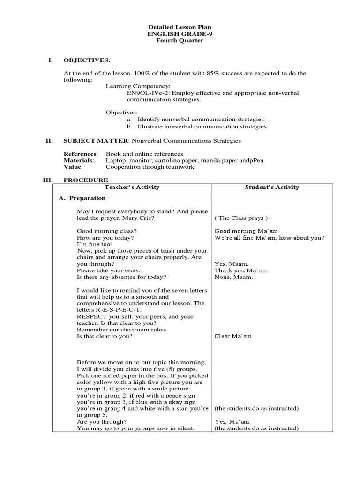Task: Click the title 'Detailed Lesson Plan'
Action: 180,28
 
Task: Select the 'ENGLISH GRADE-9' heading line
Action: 180,34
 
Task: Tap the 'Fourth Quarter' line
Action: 180,41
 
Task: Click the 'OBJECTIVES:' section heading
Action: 87,60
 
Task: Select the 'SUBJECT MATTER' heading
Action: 96,140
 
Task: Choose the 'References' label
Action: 80,154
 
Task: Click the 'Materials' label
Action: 78,160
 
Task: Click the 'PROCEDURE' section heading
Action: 86,180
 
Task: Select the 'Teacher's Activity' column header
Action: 132,187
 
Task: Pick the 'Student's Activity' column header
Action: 272,187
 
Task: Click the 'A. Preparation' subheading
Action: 82,198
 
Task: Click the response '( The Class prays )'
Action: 241,218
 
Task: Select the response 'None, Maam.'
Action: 233,277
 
